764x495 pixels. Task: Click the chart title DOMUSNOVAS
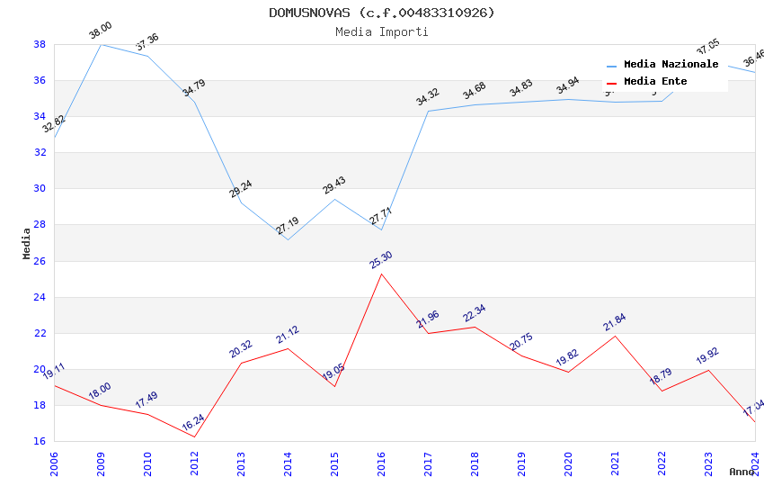(x=382, y=13)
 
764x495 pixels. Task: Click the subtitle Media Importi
(x=382, y=31)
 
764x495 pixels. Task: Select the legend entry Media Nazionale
(x=671, y=65)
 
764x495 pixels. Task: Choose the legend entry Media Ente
(x=655, y=82)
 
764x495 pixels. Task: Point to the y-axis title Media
(x=27, y=243)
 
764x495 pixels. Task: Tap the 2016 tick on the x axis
(x=381, y=463)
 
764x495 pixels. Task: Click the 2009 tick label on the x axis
(x=101, y=463)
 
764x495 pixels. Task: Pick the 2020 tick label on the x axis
(x=568, y=463)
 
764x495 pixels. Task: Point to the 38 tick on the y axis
(x=40, y=44)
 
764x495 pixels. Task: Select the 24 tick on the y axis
(x=40, y=297)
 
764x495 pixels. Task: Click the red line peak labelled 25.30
(x=381, y=274)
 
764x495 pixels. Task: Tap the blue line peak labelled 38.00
(x=101, y=44)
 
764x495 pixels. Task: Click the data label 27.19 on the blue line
(x=287, y=226)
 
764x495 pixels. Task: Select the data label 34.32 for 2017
(x=427, y=96)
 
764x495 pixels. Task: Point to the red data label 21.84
(x=614, y=322)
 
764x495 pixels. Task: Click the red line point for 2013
(x=241, y=363)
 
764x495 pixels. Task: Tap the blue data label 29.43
(x=333, y=185)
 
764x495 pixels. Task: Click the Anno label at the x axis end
(x=742, y=472)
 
